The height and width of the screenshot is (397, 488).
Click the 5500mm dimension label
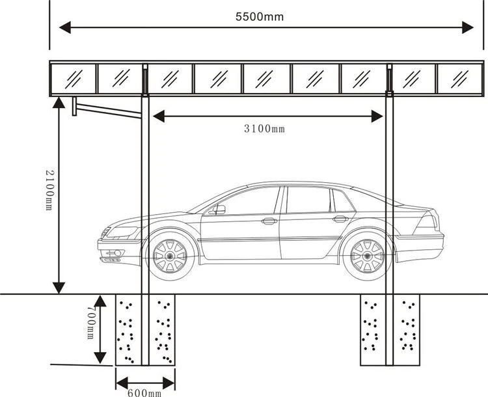tap(260, 17)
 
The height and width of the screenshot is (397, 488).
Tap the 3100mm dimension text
tap(264, 129)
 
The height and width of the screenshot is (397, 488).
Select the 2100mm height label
tap(50, 190)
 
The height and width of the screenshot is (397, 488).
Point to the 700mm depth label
tap(90, 322)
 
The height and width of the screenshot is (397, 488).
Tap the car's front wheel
tap(170, 256)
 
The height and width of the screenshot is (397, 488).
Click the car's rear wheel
tap(367, 256)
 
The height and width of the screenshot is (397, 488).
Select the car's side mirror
tap(219, 210)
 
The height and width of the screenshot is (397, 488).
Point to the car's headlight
tap(122, 232)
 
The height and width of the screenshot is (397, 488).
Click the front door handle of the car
tap(269, 221)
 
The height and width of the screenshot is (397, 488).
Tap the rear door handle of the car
tap(340, 219)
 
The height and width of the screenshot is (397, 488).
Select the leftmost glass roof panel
tap(74, 79)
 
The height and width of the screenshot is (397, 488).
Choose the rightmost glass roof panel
tap(460, 79)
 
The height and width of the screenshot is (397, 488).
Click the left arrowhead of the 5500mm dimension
tap(65, 27)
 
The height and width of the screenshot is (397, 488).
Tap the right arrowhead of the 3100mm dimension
tap(377, 116)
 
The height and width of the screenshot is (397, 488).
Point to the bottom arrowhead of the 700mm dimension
tap(100, 358)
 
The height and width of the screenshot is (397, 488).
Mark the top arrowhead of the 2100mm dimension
tap(59, 102)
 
